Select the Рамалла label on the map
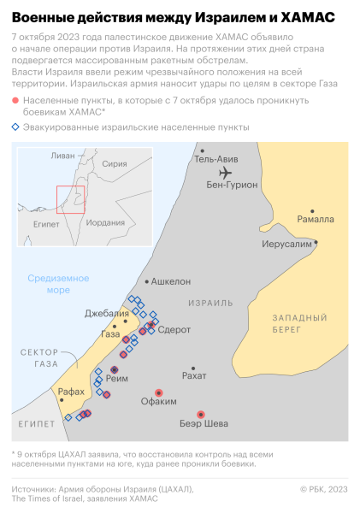(x=316, y=219)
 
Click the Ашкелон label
(x=171, y=280)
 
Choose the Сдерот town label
(x=174, y=329)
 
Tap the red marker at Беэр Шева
(x=201, y=415)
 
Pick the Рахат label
(x=195, y=374)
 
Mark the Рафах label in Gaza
(x=71, y=392)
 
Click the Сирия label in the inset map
(x=114, y=163)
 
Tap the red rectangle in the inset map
(x=69, y=198)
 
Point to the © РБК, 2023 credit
(x=323, y=489)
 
